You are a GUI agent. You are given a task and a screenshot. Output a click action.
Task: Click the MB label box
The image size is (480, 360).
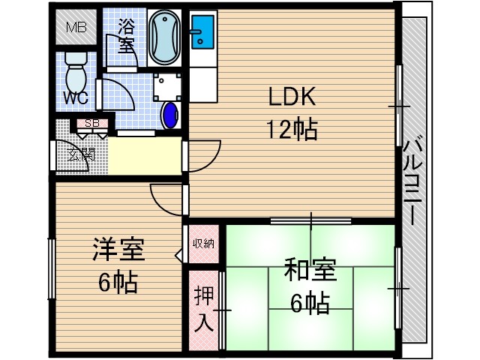[x=76, y=28]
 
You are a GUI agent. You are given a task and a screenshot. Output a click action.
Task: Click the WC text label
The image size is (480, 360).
[x=75, y=98]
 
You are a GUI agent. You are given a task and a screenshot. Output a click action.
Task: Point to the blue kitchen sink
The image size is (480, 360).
[x=202, y=32]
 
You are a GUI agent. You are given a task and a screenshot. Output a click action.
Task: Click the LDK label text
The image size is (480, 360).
[x=292, y=97]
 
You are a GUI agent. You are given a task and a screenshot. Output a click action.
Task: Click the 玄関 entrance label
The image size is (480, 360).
[x=82, y=155]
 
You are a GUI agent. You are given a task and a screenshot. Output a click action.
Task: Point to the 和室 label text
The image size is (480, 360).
[x=310, y=270]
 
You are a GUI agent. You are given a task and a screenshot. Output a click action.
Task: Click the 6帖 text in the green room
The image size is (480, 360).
[x=310, y=303]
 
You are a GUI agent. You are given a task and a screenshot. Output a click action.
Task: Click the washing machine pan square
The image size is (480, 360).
[x=166, y=87]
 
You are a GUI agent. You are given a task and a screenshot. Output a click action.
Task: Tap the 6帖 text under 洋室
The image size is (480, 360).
[x=118, y=283]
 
